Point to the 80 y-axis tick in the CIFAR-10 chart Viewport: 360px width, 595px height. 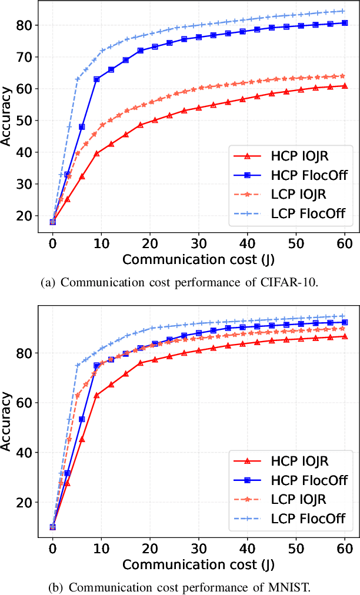25,25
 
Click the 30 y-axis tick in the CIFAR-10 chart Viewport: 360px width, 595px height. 25,184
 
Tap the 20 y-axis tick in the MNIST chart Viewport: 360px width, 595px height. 25,502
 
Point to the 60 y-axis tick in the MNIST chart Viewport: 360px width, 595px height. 25,403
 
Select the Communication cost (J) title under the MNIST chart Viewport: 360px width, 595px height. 190,564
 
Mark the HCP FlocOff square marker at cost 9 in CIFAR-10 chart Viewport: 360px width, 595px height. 96,79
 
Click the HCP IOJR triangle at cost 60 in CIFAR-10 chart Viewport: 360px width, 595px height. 345,86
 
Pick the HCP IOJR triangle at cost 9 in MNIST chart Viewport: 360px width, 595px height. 96,395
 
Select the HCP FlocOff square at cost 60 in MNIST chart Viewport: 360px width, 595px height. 345,322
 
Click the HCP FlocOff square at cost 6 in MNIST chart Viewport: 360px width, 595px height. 82,419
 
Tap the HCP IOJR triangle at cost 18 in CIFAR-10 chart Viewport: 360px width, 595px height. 140,125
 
